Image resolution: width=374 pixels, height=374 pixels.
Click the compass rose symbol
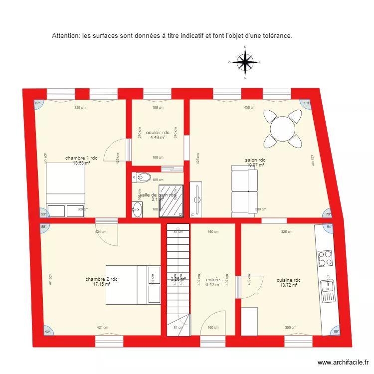(x=245, y=63)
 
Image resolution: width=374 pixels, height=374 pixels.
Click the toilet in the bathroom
(x=143, y=177)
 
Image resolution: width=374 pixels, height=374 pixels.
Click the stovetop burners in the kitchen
(x=325, y=259)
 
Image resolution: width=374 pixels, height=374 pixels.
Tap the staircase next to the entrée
(x=178, y=279)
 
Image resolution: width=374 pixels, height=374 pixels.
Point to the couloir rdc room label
(x=158, y=133)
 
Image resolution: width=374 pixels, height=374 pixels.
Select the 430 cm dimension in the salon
(x=249, y=108)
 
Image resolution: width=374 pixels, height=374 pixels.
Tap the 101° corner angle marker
(x=307, y=103)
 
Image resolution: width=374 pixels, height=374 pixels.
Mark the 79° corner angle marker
(x=328, y=215)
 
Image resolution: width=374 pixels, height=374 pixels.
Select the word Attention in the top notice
(x=66, y=36)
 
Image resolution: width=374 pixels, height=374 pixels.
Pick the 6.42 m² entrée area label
(x=213, y=285)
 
